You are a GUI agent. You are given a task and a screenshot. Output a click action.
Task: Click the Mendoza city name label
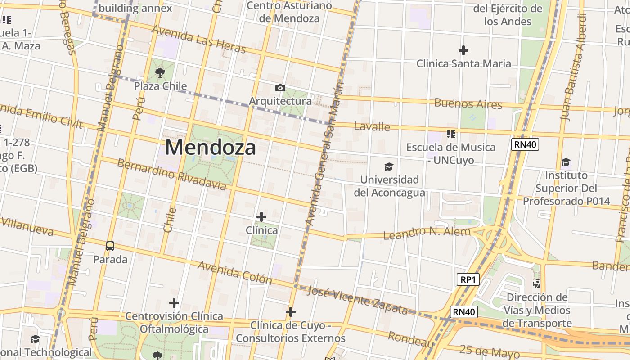click(211, 147)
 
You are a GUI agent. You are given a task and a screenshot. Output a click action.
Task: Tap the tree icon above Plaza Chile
click(160, 72)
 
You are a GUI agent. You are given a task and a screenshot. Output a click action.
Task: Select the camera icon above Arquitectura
click(280, 88)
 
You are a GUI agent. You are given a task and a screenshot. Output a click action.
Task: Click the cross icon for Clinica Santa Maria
click(463, 50)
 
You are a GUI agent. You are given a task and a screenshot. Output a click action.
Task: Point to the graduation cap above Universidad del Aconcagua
click(389, 167)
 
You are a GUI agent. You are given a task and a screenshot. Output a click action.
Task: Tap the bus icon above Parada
click(110, 246)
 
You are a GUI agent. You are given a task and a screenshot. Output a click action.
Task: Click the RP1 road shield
click(468, 279)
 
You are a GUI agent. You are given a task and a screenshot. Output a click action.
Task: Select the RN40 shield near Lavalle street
click(525, 144)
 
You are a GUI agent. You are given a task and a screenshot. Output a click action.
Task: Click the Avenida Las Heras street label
click(199, 39)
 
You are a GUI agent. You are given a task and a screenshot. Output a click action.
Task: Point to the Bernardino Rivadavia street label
click(171, 174)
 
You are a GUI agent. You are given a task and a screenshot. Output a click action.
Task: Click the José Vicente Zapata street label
click(357, 300)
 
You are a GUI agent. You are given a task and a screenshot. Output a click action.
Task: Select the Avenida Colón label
click(234, 272)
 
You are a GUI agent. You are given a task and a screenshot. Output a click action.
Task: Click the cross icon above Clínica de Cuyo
click(291, 311)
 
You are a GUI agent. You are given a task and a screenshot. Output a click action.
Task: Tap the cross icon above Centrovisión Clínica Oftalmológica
click(174, 303)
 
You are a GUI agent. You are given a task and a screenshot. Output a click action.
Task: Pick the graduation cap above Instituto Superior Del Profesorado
click(566, 162)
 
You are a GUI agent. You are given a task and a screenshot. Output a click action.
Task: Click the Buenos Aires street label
click(468, 103)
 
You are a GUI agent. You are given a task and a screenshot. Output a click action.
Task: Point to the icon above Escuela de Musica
click(451, 134)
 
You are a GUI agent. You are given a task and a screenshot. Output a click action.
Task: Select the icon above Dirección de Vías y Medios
click(536, 283)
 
